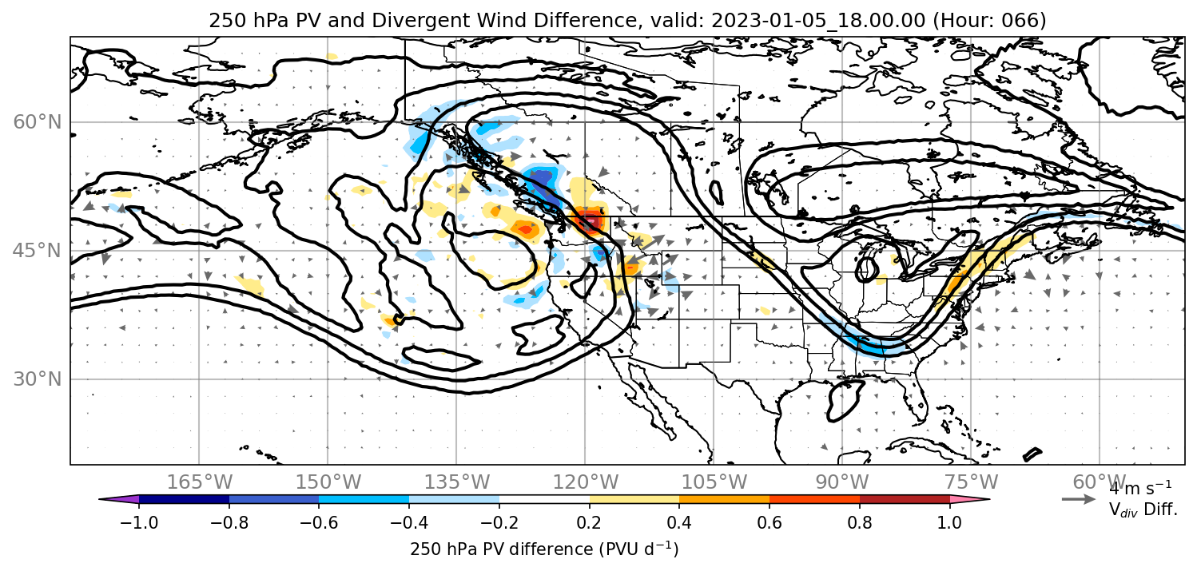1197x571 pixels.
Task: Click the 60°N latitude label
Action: pyautogui.click(x=38, y=122)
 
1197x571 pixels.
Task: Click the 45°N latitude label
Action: pyautogui.click(x=38, y=251)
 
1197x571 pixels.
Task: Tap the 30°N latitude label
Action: pyautogui.click(x=38, y=379)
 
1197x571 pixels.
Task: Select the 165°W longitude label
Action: pyautogui.click(x=199, y=482)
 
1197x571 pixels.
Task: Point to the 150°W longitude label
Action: pyautogui.click(x=328, y=482)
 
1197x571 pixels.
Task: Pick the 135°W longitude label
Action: pyautogui.click(x=457, y=482)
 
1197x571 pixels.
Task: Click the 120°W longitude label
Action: pyautogui.click(x=585, y=482)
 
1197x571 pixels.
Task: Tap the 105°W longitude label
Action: pyautogui.click(x=714, y=482)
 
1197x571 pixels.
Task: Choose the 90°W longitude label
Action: pyautogui.click(x=842, y=482)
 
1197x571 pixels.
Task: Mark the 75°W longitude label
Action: pyautogui.click(x=971, y=482)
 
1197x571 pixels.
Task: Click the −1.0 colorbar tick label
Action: pyautogui.click(x=139, y=522)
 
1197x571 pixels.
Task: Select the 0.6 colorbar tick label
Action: pyautogui.click(x=769, y=522)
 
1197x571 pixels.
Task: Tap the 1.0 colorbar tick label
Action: pyautogui.click(x=949, y=522)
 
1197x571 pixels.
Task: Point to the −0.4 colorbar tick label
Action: pyautogui.click(x=409, y=522)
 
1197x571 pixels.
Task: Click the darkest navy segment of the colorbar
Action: pyautogui.click(x=184, y=499)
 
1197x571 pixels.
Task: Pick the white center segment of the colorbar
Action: pyautogui.click(x=544, y=499)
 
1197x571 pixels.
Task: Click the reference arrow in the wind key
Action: pyautogui.click(x=1079, y=499)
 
